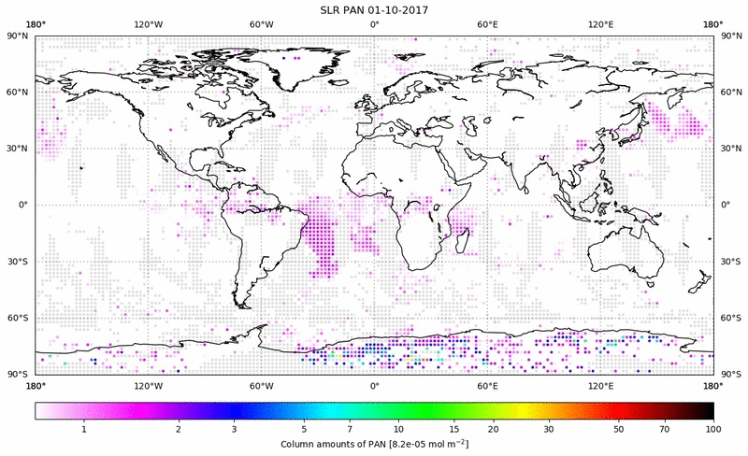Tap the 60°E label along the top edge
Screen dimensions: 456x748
click(x=487, y=24)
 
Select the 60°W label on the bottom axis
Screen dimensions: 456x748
click(x=261, y=385)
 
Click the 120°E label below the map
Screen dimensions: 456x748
click(x=600, y=385)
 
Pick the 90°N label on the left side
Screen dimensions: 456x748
click(x=17, y=36)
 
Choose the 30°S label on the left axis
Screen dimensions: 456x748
click(x=17, y=262)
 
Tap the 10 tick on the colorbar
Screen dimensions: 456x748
click(x=399, y=428)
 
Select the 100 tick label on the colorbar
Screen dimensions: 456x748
click(x=712, y=428)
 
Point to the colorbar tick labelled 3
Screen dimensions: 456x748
click(x=234, y=428)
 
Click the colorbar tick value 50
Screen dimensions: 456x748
click(x=619, y=428)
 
